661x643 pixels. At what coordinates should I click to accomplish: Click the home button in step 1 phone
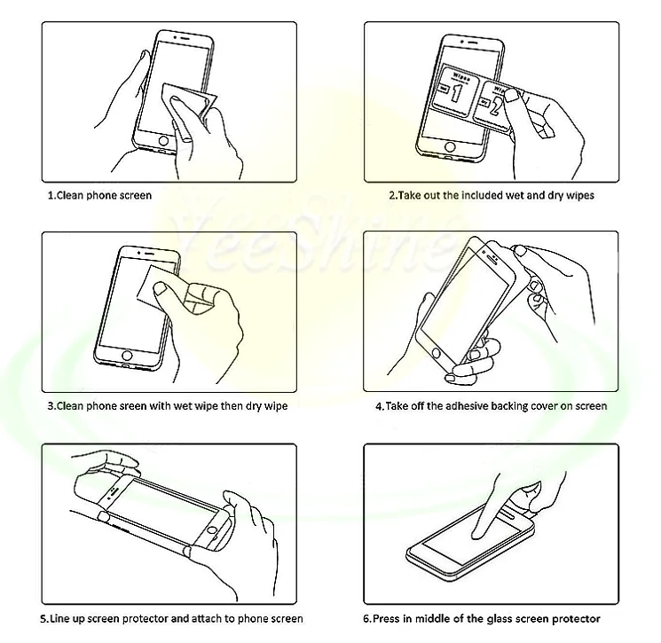[x=163, y=141]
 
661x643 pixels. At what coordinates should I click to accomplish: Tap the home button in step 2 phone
[x=450, y=147]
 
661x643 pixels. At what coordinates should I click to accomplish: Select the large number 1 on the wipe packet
[x=456, y=93]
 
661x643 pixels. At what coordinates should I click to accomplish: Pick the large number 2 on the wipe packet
[x=495, y=107]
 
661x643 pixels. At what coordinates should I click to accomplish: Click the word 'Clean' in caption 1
[x=69, y=195]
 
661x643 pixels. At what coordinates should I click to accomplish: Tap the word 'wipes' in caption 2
[x=580, y=195]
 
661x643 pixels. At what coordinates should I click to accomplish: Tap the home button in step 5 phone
[x=214, y=529]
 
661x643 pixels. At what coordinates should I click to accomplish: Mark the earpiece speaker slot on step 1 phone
[x=185, y=38]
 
